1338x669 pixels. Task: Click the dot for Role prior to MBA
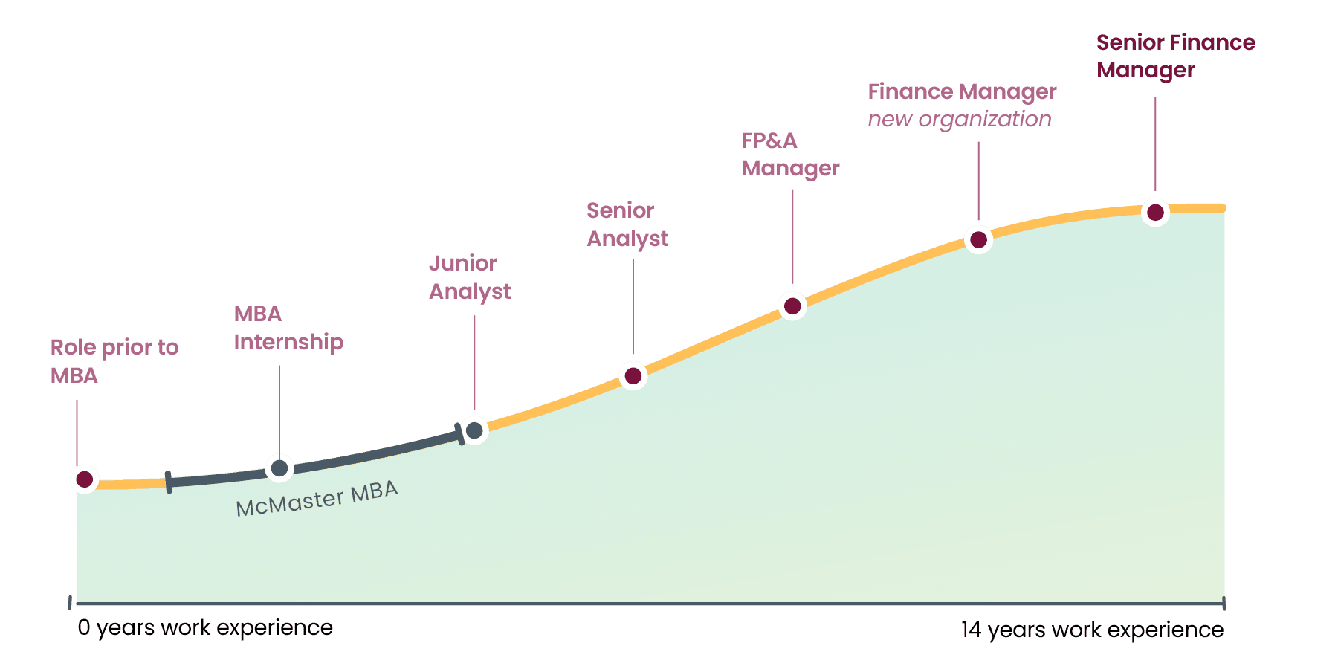pos(85,479)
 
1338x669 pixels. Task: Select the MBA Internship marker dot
pos(279,468)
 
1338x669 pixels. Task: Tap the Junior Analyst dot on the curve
pos(474,430)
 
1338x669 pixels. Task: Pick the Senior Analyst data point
pos(633,376)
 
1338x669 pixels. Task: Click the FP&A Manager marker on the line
pos(792,306)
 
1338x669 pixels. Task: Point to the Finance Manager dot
pos(979,239)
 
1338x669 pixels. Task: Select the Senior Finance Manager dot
pos(1155,213)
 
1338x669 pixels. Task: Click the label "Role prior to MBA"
pos(114,361)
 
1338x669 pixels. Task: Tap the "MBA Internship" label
pos(288,328)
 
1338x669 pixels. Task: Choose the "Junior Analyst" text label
pos(470,277)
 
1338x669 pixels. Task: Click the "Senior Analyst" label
pos(627,224)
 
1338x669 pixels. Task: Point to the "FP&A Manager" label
pos(790,155)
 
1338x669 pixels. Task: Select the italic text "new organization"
pos(960,119)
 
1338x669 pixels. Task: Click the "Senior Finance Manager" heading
pos(1176,56)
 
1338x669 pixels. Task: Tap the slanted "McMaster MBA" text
pos(317,499)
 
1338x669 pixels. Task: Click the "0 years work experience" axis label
pos(205,628)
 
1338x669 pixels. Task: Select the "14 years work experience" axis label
pos(1092,630)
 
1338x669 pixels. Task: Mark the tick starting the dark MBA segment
pos(169,482)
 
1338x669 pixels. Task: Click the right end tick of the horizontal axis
pos(1224,604)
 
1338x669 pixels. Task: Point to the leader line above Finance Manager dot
pos(979,181)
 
